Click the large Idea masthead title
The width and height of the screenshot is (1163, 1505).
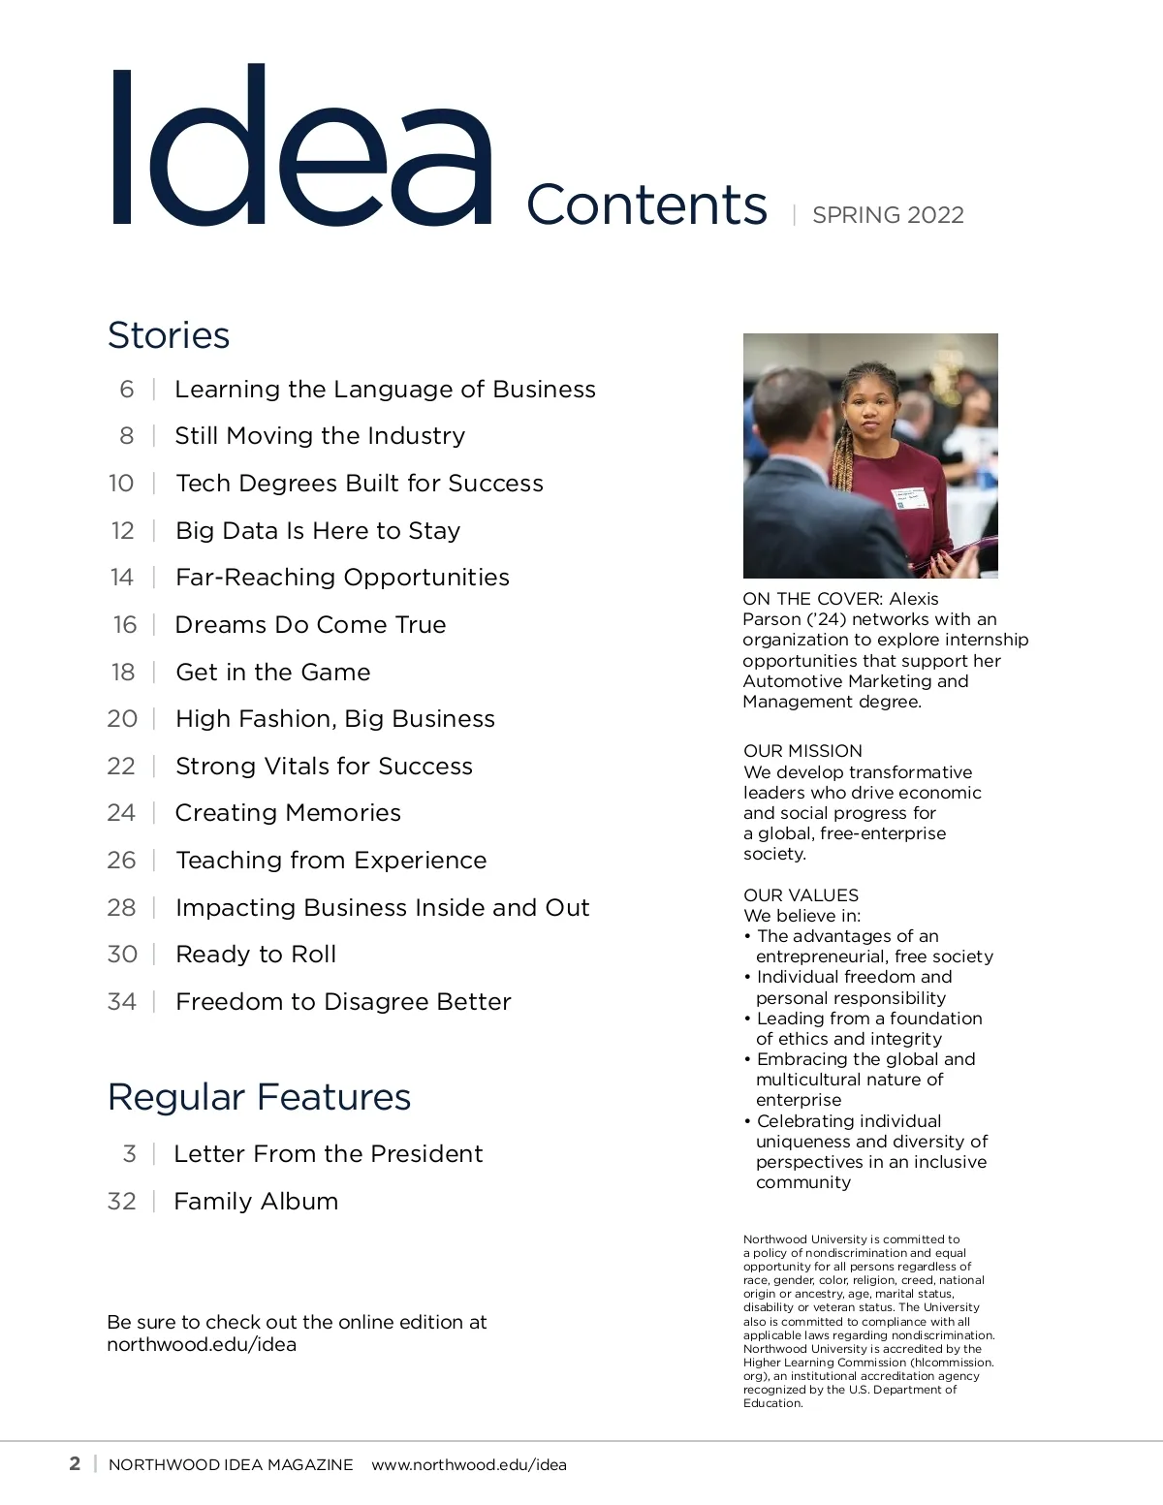[300, 145]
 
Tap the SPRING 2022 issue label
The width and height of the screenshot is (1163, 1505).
[888, 215]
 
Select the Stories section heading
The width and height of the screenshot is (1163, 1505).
[169, 335]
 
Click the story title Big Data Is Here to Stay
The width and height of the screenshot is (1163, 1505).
[318, 531]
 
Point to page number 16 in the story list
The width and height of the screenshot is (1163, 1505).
[125, 625]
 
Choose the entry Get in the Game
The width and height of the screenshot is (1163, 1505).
[272, 673]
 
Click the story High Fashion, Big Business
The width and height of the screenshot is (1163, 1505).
[334, 719]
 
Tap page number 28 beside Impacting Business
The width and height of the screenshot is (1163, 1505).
[121, 908]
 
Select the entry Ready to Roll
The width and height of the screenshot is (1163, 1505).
[256, 955]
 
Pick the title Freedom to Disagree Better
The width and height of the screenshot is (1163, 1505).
[343, 1002]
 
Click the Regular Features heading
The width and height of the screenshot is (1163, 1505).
[259, 1097]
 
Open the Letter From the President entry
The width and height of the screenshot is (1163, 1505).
[328, 1154]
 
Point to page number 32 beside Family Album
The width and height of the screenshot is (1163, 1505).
[121, 1202]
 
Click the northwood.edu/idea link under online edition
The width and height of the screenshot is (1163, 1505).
[202, 1345]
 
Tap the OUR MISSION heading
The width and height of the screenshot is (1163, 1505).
[802, 751]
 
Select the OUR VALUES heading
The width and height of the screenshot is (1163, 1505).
[801, 895]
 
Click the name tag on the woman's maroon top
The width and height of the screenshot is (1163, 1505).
[910, 497]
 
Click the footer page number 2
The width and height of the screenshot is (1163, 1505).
[75, 1463]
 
